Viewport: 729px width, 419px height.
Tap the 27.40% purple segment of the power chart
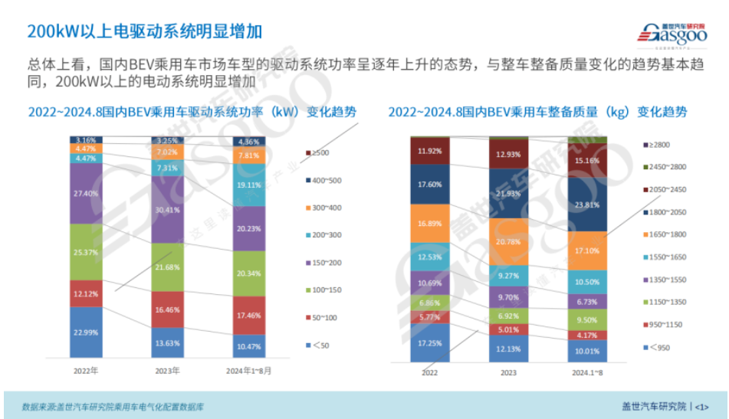point(91,193)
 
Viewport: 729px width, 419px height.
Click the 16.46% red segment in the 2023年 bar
point(167,310)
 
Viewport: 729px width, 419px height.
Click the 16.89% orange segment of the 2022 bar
point(429,224)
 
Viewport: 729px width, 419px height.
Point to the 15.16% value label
point(587,161)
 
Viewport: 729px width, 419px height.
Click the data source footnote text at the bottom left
point(113,406)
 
